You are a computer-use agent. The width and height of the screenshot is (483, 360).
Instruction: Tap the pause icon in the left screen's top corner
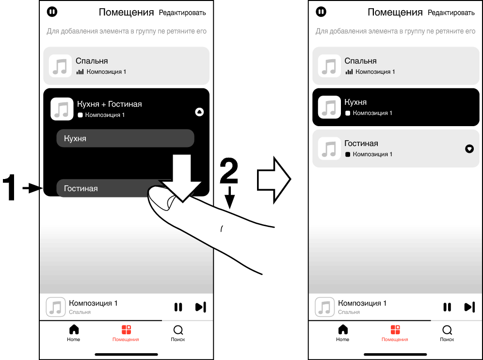click(x=51, y=11)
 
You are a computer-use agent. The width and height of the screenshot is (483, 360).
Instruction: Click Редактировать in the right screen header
click(x=451, y=13)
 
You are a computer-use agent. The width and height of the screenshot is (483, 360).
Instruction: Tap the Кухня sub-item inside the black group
click(x=125, y=138)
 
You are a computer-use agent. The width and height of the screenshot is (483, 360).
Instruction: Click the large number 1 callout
click(x=11, y=188)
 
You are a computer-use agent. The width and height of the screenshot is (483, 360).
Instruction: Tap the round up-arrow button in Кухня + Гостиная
click(x=199, y=112)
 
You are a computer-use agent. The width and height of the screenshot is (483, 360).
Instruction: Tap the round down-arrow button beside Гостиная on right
click(x=469, y=149)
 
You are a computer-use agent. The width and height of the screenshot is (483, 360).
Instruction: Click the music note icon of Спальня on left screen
click(x=61, y=66)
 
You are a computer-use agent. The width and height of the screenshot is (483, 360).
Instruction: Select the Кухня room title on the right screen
click(x=355, y=102)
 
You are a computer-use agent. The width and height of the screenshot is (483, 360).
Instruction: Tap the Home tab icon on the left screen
click(x=74, y=330)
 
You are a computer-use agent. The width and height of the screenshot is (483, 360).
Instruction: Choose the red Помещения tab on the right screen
click(x=395, y=330)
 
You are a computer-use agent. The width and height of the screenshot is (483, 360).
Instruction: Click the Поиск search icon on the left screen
click(x=178, y=330)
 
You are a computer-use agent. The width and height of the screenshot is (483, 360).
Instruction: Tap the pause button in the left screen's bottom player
click(x=178, y=307)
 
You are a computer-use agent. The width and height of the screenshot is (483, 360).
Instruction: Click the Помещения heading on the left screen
click(x=126, y=12)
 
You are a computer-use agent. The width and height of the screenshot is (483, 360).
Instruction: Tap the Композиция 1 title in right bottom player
click(x=362, y=303)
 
